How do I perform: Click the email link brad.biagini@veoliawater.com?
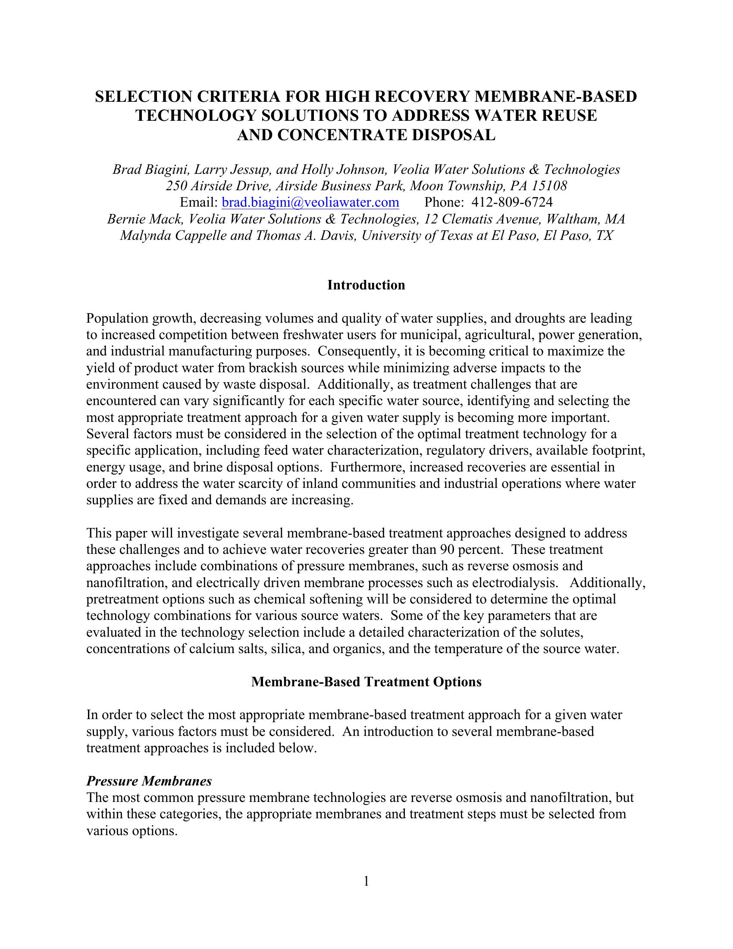click(310, 202)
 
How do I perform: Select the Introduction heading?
click(366, 285)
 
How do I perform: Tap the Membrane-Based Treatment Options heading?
click(366, 682)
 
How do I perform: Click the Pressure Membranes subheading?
click(149, 781)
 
